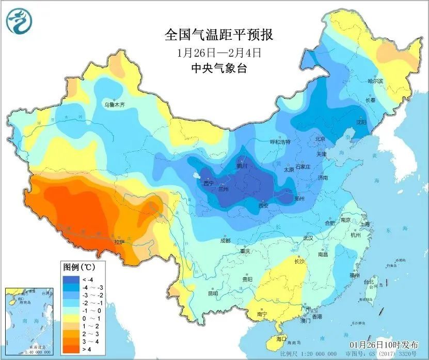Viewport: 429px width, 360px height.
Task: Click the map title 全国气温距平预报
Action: pos(218,35)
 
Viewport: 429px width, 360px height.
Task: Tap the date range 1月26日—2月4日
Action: pos(218,52)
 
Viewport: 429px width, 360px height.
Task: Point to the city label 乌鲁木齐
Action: pos(115,104)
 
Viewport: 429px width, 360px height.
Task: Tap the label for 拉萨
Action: pos(119,241)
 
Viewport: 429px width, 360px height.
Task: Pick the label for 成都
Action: pos(225,240)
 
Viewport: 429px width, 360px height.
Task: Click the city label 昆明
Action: pos(213,293)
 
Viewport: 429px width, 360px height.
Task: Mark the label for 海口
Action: pos(281,338)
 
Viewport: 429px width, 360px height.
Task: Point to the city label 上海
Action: pos(366,224)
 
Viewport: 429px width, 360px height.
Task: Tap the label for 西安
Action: pos(263,205)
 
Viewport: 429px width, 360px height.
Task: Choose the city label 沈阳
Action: pos(361,122)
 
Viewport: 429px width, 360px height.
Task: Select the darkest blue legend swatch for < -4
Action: pos(70,279)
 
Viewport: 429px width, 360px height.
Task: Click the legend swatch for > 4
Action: pos(70,349)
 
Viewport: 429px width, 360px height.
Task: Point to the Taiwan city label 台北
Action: pos(369,282)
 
